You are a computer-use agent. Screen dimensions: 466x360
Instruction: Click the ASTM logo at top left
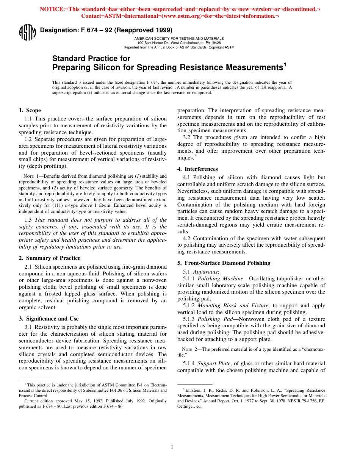click(x=27, y=32)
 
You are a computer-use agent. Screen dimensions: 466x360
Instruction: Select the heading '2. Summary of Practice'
click(x=49, y=258)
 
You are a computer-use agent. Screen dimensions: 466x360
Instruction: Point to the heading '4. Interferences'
click(x=197, y=169)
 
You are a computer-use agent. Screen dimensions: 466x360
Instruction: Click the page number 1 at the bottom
click(x=172, y=447)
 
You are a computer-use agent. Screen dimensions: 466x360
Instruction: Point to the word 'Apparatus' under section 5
click(x=205, y=272)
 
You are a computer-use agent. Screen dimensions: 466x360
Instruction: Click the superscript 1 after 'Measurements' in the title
click(x=285, y=64)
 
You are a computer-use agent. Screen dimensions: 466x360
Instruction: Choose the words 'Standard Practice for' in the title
click(x=91, y=58)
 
